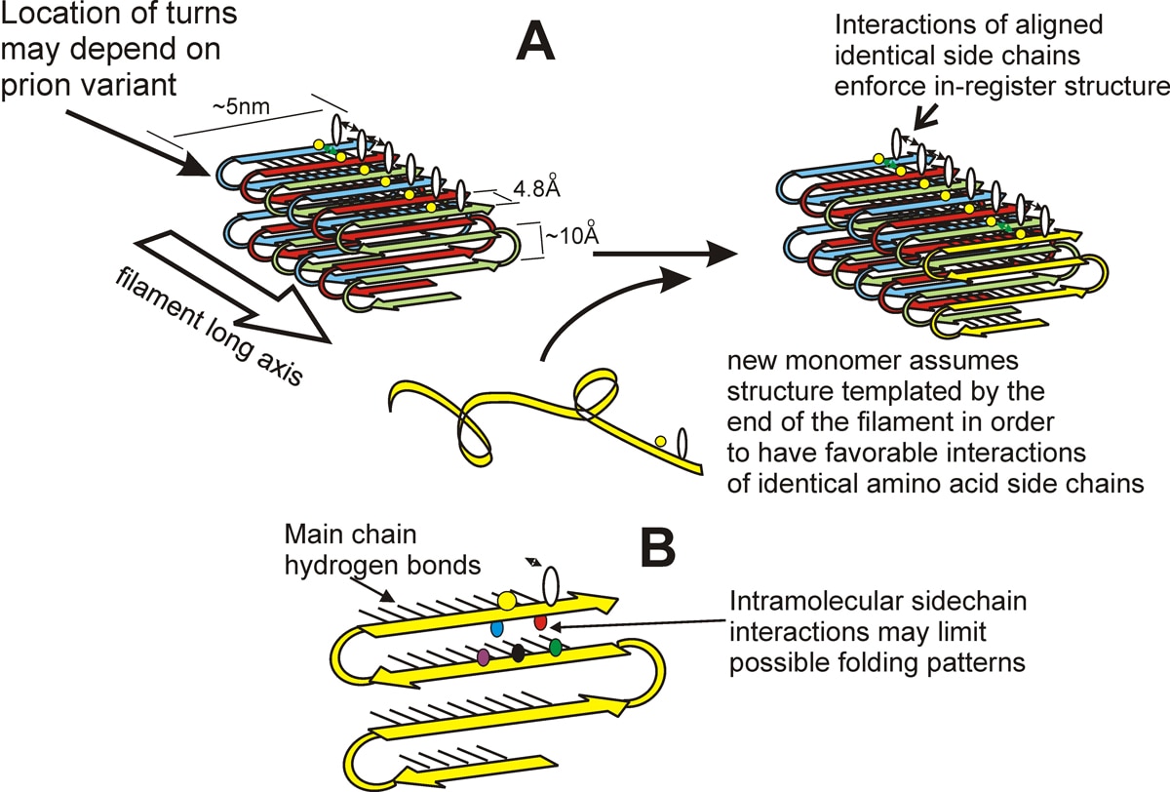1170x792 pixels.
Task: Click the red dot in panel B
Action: click(x=541, y=621)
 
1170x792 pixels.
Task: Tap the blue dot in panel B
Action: click(x=496, y=629)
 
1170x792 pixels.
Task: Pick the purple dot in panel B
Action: click(x=484, y=658)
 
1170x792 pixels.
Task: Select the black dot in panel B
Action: click(x=519, y=653)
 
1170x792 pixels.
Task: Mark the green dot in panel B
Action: click(x=555, y=647)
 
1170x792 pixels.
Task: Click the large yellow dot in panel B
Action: click(x=507, y=599)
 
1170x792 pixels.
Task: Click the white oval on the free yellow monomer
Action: click(x=682, y=442)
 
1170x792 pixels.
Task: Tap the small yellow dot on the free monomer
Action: click(x=660, y=442)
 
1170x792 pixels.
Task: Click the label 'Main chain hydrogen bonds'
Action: click(x=356, y=548)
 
